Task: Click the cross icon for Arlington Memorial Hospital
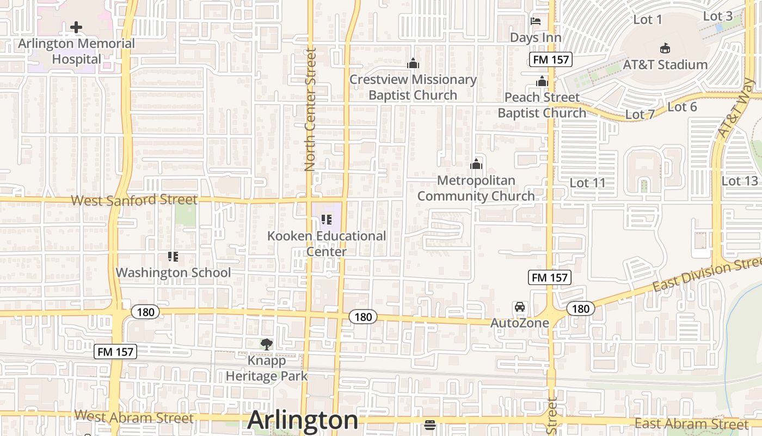[76, 27]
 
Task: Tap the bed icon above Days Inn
[536, 22]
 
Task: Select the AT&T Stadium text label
[665, 64]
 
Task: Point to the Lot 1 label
[647, 20]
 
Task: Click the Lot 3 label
[717, 16]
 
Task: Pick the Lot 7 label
[640, 114]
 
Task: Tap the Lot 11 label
[587, 183]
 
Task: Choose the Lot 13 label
[739, 180]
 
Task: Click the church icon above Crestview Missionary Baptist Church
[413, 64]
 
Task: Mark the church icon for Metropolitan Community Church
[476, 163]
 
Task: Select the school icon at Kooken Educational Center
[327, 220]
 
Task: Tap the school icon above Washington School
[173, 256]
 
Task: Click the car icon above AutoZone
[520, 307]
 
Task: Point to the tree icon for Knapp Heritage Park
[266, 344]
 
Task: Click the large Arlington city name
[303, 420]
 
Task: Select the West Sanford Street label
[134, 200]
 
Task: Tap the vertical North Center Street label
[310, 109]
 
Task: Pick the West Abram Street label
[134, 417]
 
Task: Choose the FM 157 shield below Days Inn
[550, 59]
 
